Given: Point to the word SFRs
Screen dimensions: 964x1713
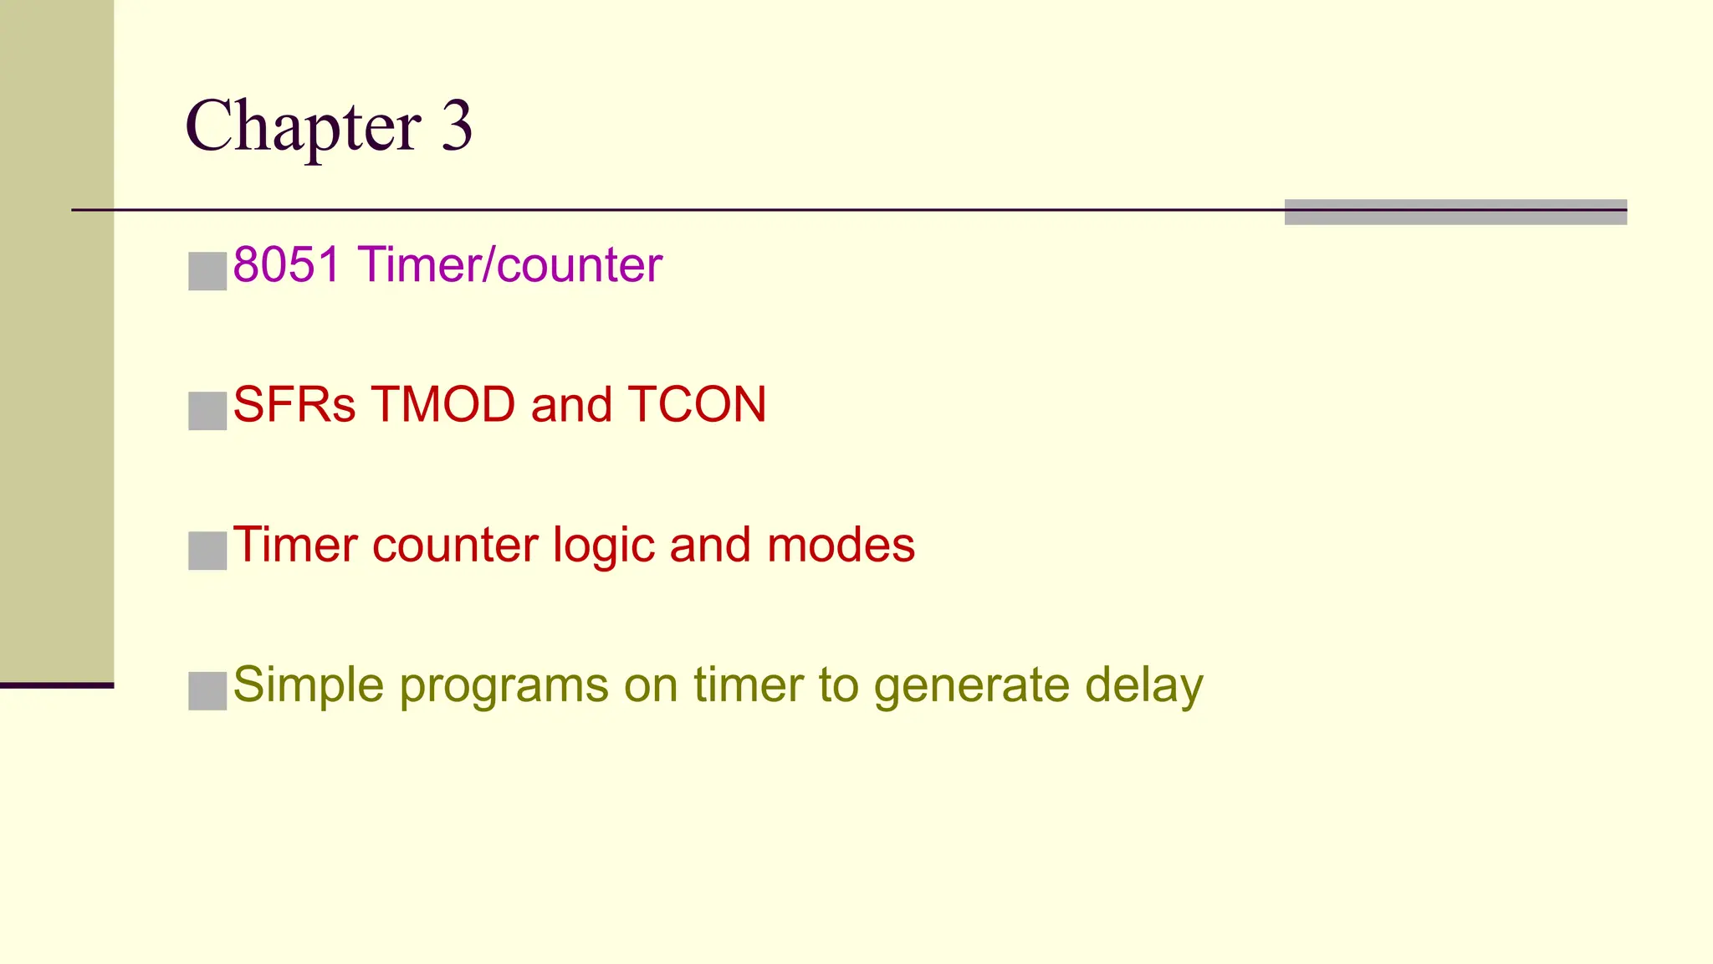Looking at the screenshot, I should pyautogui.click(x=294, y=405).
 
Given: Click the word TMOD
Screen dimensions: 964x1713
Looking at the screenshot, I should pyautogui.click(x=443, y=405).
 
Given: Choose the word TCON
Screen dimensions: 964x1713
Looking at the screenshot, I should pyautogui.click(x=697, y=405).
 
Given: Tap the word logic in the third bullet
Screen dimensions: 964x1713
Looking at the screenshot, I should pyautogui.click(x=603, y=546).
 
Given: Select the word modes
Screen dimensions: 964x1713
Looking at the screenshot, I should pyautogui.click(x=841, y=546).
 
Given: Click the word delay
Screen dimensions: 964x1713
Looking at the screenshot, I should pyautogui.click(x=1143, y=686).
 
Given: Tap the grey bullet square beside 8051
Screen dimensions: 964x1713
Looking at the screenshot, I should pyautogui.click(x=207, y=271).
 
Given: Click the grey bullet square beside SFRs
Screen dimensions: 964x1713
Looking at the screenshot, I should pyautogui.click(x=207, y=411).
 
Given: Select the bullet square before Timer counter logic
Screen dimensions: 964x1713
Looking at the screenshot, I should pyautogui.click(x=207, y=551).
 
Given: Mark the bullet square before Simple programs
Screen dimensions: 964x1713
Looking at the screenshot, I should pyautogui.click(x=207, y=691).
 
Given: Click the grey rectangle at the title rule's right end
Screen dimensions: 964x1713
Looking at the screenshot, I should pyautogui.click(x=1455, y=212).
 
